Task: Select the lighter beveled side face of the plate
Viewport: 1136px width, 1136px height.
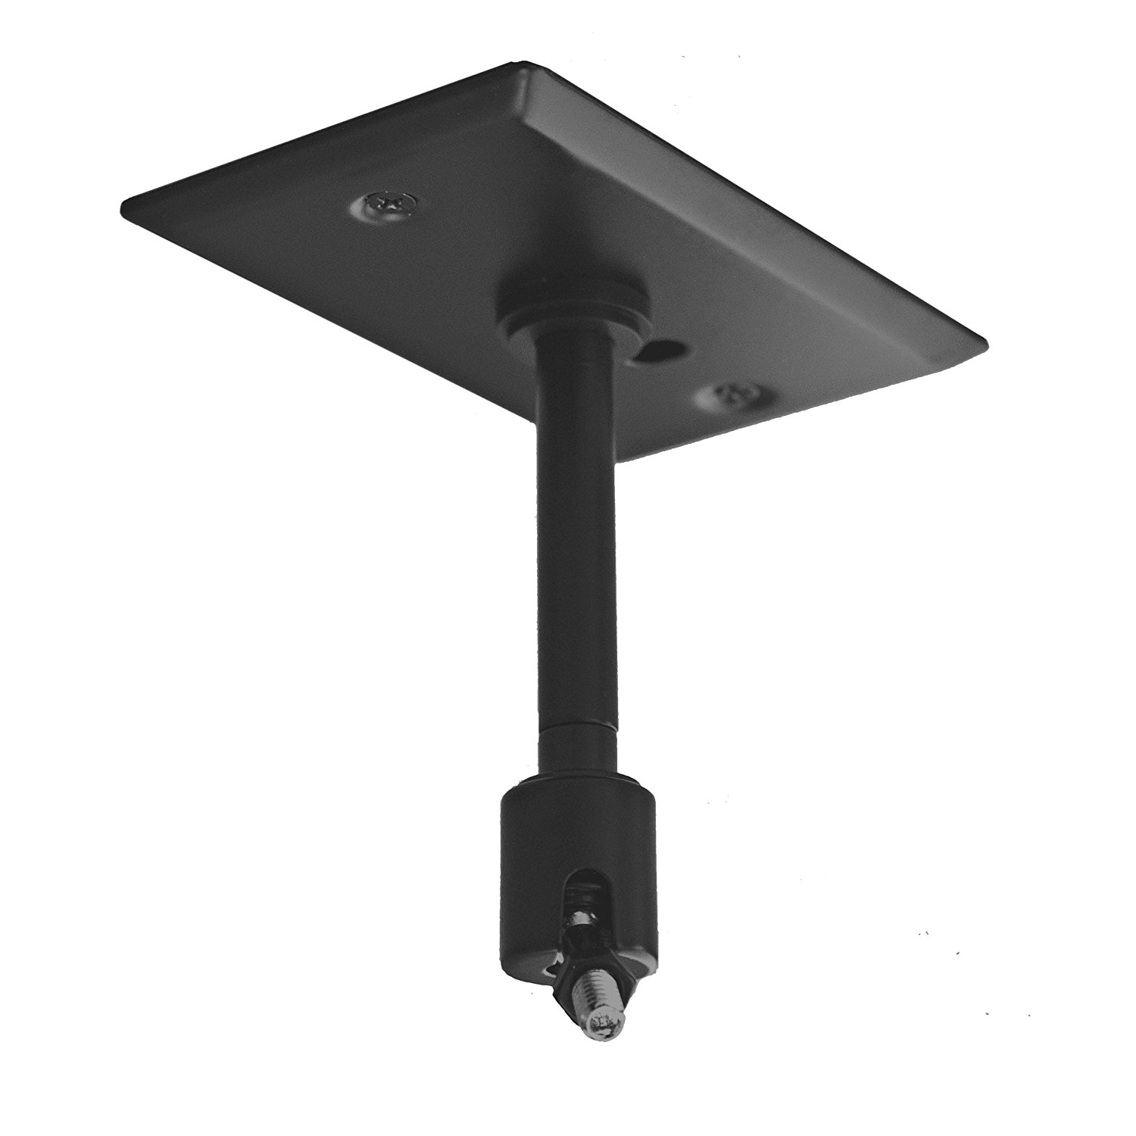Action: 757,189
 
